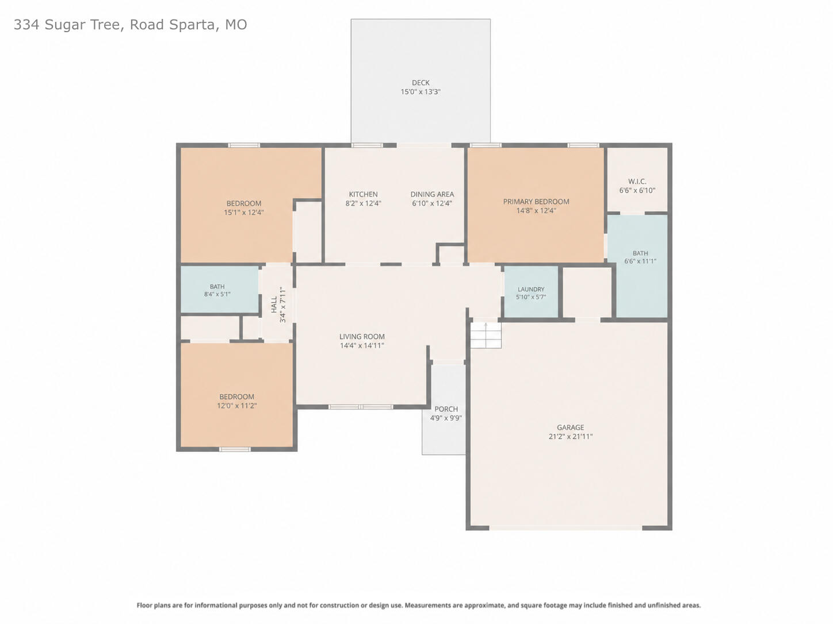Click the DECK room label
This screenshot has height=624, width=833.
pos(421,83)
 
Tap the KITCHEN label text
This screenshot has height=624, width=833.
pos(363,194)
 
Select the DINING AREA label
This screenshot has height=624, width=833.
pos(432,194)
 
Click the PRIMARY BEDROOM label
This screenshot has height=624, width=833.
pos(536,202)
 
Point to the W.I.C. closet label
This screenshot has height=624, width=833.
pos(637,182)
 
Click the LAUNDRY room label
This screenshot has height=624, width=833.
pos(530,290)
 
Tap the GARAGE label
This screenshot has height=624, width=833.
pos(571,427)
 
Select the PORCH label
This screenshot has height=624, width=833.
pos(446,409)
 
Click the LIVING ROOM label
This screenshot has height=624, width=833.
pos(362,337)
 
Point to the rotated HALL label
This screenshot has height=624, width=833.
pos(274,305)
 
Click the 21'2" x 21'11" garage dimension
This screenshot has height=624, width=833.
pos(571,437)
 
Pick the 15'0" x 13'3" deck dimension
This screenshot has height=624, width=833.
pos(421,92)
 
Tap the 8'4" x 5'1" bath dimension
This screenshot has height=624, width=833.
pos(217,294)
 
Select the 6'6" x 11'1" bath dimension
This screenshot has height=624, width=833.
pos(640,261)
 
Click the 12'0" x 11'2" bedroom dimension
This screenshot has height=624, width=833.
pos(237,406)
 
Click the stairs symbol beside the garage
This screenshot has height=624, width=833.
pos(486,335)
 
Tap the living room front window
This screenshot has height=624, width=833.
pos(361,407)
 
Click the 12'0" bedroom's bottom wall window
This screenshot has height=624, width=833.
pos(235,449)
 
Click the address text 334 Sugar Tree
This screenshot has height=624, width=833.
pos(68,25)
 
